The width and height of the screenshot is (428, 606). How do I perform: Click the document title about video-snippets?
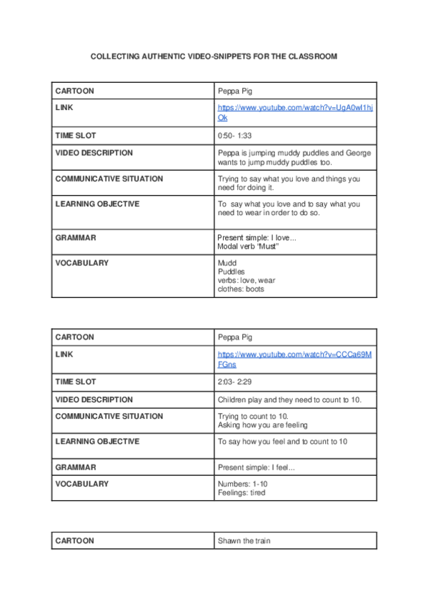pos(214,56)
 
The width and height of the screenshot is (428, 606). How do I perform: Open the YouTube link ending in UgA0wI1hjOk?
pos(295,108)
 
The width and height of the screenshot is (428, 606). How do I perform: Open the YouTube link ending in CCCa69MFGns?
pos(294,354)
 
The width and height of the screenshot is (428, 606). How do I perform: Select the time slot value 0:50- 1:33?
pos(234,135)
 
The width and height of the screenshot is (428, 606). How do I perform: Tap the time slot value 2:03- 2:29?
pos(234,382)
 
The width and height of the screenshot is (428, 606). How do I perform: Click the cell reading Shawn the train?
pos(245,541)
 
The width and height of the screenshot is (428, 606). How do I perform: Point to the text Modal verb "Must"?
pos(247,247)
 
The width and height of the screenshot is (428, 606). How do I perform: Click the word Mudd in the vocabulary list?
pos(227,263)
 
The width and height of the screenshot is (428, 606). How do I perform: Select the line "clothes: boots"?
pos(241,289)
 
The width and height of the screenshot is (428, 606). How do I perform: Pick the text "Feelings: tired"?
pos(241,492)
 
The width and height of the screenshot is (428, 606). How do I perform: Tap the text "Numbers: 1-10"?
pos(242,484)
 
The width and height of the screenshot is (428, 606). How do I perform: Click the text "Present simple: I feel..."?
pos(256,467)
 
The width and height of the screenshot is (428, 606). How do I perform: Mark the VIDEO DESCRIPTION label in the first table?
pos(94,153)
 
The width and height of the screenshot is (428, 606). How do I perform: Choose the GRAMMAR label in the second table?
pos(76,467)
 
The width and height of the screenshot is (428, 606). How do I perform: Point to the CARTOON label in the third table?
pos(74,541)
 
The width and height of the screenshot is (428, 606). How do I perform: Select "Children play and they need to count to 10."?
pos(289,399)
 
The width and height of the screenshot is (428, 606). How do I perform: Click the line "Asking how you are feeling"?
pos(262,424)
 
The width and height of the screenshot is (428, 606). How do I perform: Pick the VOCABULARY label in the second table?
pos(81,484)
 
